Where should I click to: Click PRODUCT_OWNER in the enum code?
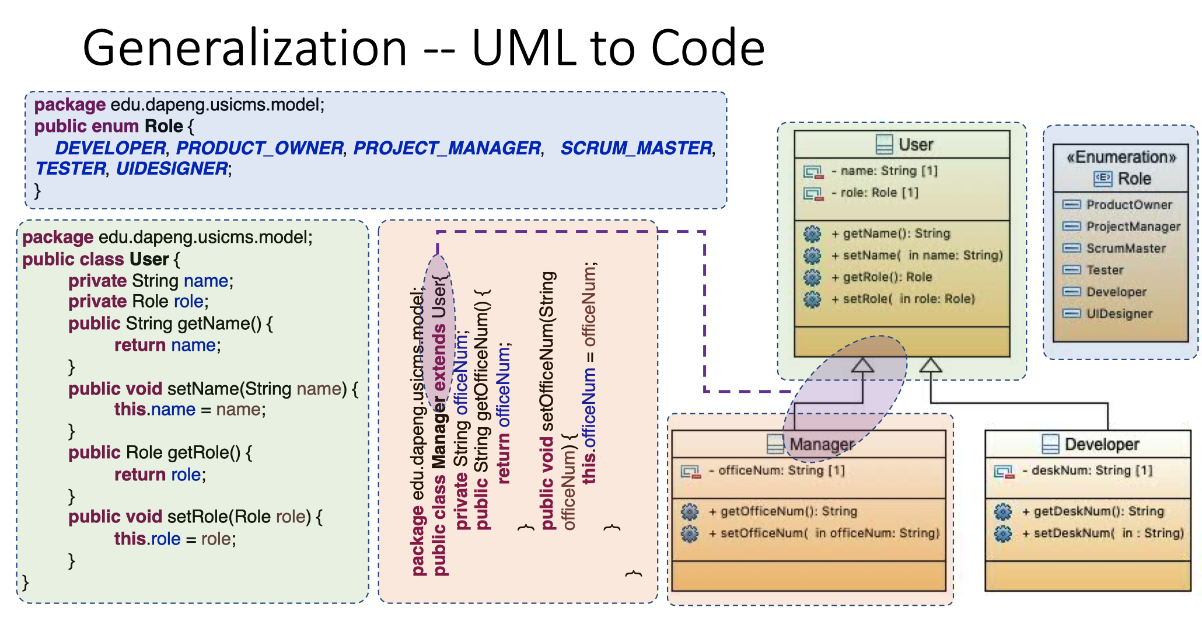click(260, 148)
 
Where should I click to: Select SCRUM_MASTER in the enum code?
click(637, 148)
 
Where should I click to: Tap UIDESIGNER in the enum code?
click(172, 169)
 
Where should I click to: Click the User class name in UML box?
click(916, 145)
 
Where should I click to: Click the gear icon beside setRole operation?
click(812, 299)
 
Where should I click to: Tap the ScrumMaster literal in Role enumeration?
click(1126, 248)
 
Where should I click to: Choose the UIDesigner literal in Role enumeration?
click(1120, 313)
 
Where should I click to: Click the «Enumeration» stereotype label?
click(1121, 157)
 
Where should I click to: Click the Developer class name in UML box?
click(1102, 444)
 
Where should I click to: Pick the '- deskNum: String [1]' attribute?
click(1088, 470)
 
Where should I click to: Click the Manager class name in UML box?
click(822, 444)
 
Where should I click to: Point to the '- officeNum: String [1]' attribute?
click(777, 470)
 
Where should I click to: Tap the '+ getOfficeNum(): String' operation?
click(783, 512)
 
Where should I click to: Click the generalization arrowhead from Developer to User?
click(931, 365)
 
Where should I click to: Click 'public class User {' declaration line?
click(102, 259)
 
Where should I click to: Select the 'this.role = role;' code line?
click(175, 539)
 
